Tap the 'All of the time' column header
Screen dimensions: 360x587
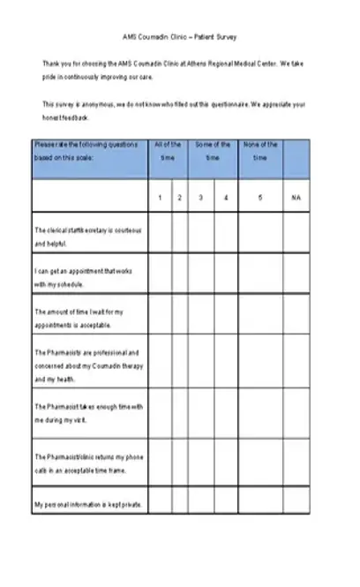coord(168,151)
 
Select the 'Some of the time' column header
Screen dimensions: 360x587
coord(212,151)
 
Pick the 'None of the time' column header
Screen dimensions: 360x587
coord(260,151)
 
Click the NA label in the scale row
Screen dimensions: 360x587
coord(296,198)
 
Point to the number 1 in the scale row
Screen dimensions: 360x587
coord(160,198)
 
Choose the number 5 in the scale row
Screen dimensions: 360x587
coord(260,198)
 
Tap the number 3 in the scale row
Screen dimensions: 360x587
coord(200,198)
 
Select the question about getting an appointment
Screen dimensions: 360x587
coord(87,277)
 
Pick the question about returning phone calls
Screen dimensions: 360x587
coord(87,463)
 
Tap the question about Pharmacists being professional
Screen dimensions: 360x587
coord(87,365)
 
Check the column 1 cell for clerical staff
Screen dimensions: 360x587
coord(160,235)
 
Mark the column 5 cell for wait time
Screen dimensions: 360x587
coord(260,319)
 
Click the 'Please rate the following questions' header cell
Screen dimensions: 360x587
coord(87,151)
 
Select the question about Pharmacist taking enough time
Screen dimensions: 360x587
coord(87,413)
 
